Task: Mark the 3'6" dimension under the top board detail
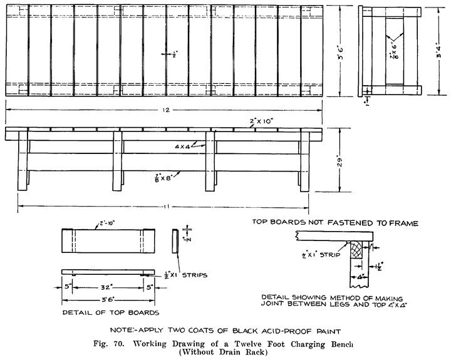click(x=108, y=300)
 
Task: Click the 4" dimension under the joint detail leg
click(x=358, y=275)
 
